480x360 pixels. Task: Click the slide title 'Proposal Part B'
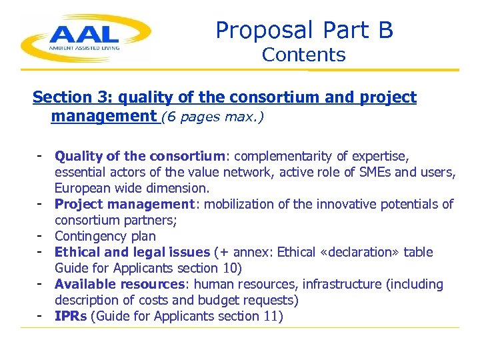point(304,30)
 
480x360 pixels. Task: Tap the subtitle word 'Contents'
point(304,55)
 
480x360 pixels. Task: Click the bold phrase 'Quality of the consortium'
point(140,157)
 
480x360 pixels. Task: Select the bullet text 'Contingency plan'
point(105,237)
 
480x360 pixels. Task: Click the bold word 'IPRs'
point(71,317)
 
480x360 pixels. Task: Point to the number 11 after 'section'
point(275,317)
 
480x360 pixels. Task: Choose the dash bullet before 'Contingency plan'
point(41,236)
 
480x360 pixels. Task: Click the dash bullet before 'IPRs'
point(41,316)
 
